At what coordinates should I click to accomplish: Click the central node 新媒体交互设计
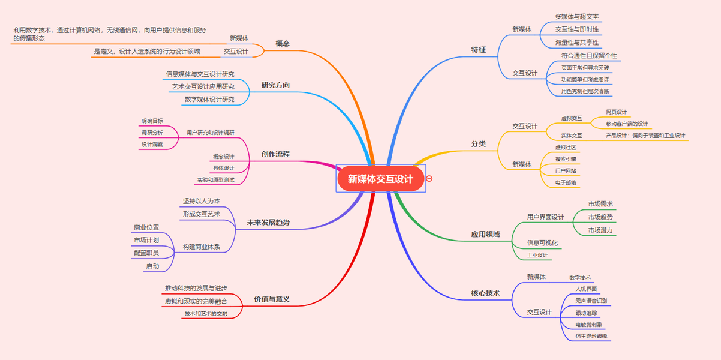[380, 179]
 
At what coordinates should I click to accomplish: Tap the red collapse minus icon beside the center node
[429, 179]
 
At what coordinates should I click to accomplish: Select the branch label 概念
[283, 43]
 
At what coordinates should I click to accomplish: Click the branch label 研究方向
[275, 85]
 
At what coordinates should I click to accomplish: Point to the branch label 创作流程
[275, 154]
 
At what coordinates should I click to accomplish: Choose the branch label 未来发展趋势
[268, 223]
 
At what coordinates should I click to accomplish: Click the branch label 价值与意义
[272, 299]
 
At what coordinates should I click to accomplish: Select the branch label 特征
[479, 50]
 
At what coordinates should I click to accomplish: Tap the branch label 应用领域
[485, 234]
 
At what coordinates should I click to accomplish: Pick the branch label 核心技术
[485, 293]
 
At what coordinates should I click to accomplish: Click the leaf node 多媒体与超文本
[576, 17]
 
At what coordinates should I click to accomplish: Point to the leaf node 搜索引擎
[566, 159]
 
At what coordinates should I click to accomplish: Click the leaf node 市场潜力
[600, 230]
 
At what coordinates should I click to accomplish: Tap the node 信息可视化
[542, 243]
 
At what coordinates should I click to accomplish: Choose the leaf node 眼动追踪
[586, 313]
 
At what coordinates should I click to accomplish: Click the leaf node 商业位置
[146, 228]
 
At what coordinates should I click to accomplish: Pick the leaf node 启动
[152, 266]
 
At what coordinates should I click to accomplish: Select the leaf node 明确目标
[152, 121]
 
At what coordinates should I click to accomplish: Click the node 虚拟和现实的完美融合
[196, 301]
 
